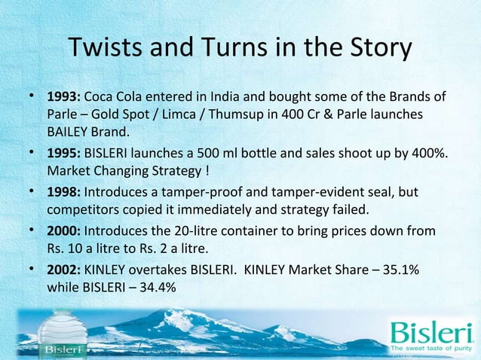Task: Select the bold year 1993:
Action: pyautogui.click(x=64, y=98)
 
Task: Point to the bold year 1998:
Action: pyautogui.click(x=64, y=194)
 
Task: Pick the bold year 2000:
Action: pyautogui.click(x=64, y=231)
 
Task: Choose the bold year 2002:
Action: pyautogui.click(x=64, y=270)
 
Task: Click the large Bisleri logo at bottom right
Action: pyautogui.click(x=430, y=331)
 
